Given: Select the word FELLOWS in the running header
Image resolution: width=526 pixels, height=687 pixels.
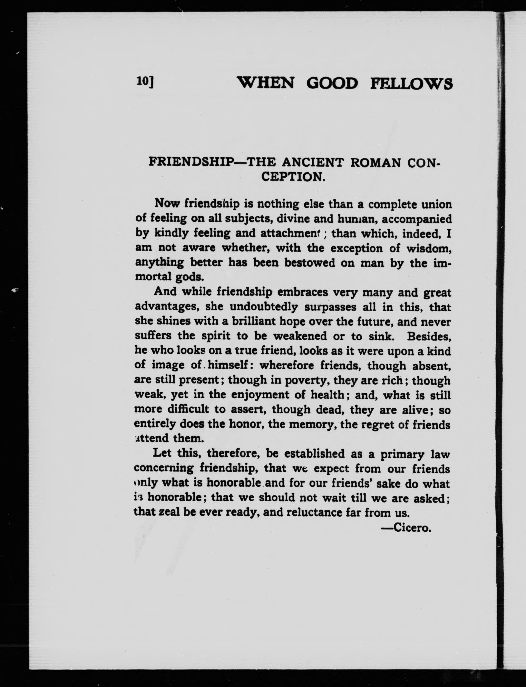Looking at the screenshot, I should coord(411,84).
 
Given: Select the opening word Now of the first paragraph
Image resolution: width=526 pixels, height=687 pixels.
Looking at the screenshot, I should coord(167,203).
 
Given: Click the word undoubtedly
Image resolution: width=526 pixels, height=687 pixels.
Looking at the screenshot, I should coord(264,307).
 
